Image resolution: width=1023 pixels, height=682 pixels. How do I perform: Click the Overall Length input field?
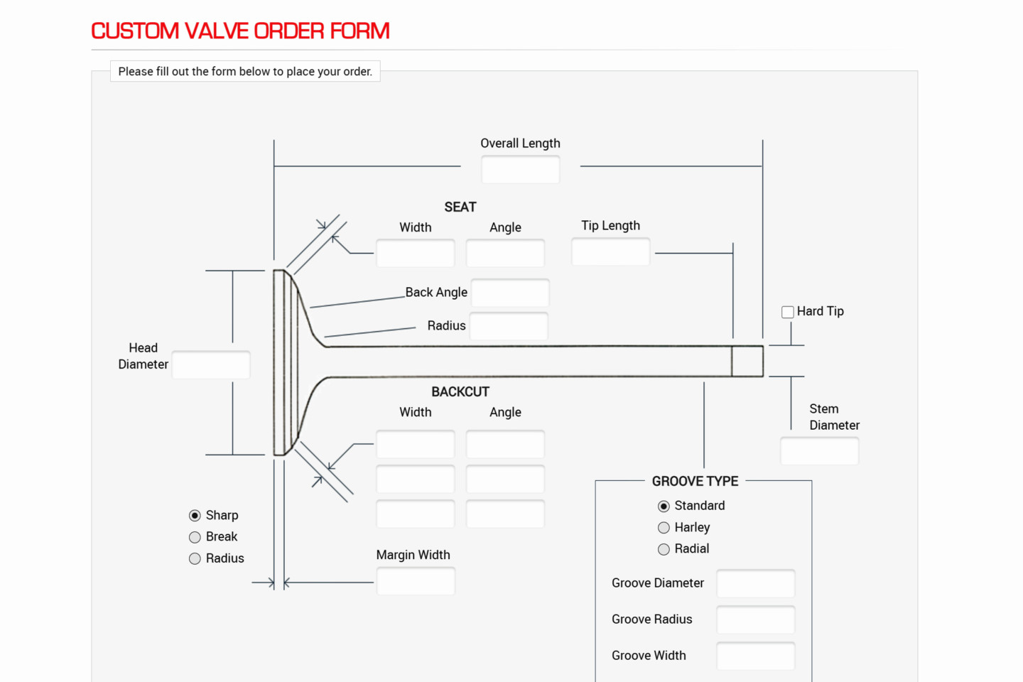(x=521, y=170)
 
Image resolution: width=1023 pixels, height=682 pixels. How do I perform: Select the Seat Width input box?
(x=415, y=253)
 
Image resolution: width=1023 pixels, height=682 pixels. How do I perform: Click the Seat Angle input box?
(x=505, y=253)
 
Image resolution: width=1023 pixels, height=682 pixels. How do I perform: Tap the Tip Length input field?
(x=611, y=251)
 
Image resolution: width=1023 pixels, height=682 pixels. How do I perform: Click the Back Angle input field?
(x=510, y=293)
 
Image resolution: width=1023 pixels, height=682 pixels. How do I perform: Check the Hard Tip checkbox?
(x=787, y=312)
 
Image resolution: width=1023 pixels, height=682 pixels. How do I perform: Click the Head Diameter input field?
(x=211, y=364)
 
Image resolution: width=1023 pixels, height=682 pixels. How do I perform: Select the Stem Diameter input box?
(x=819, y=451)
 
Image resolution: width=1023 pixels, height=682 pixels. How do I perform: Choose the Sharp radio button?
(x=195, y=516)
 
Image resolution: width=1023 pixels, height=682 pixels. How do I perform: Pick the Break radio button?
(x=195, y=537)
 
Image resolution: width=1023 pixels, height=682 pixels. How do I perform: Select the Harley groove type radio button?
(x=664, y=528)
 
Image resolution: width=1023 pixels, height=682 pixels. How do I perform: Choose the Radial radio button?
(x=664, y=549)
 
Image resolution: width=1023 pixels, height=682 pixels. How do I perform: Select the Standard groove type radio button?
(x=664, y=506)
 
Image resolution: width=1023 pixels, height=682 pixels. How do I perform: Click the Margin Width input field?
(x=416, y=581)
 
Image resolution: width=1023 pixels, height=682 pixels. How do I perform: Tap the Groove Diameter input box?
(x=756, y=583)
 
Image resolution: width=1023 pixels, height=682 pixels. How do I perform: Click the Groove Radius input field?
(x=756, y=620)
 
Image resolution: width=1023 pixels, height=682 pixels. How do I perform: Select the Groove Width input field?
(x=756, y=656)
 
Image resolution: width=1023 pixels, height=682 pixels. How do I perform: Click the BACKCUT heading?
(x=460, y=392)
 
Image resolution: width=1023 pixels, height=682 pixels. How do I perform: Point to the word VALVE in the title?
(x=217, y=31)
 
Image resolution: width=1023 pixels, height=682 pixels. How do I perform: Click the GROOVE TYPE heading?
(x=695, y=481)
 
